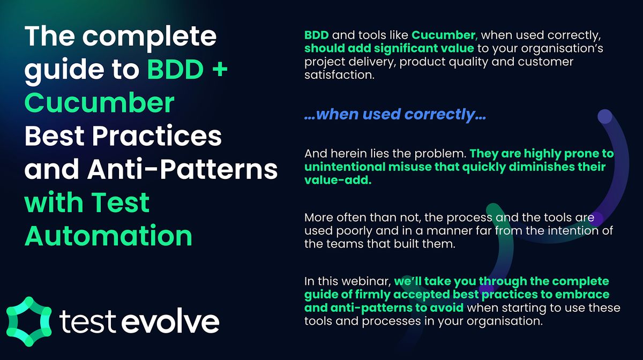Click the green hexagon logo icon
point(28,318)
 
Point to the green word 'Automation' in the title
point(109,235)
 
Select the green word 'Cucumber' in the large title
point(100,103)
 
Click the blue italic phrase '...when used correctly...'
point(395,114)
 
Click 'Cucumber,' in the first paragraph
point(444,36)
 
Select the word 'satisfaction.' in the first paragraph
point(338,76)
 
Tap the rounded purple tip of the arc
point(604,117)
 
